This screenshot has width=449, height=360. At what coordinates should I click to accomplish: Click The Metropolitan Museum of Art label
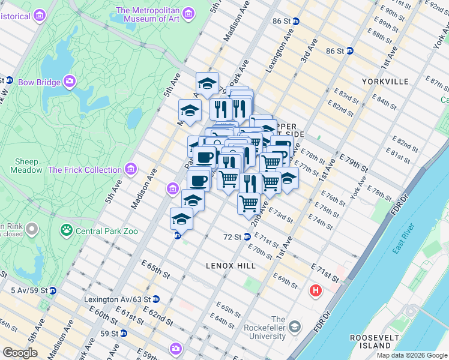pos(148,14)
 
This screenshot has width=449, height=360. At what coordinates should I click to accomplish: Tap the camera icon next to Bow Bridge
pos(70,81)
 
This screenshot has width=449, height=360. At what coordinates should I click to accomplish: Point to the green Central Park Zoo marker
pos(65,229)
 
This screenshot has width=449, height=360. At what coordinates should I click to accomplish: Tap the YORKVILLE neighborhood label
pos(385,81)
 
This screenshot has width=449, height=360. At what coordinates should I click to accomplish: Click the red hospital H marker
pos(315,292)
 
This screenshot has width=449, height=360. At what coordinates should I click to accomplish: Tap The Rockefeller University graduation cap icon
pos(295,326)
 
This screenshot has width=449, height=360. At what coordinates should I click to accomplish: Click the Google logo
pos(20,352)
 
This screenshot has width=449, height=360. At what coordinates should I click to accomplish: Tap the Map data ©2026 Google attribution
pos(412,355)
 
